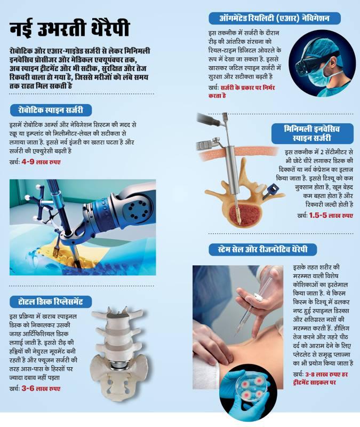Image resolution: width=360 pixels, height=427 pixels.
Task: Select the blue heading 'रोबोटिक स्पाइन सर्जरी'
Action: (51, 110)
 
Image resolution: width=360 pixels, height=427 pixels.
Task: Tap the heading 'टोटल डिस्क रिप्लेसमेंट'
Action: (51, 302)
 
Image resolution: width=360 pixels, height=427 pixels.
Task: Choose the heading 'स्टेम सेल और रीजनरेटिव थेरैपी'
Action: (262, 249)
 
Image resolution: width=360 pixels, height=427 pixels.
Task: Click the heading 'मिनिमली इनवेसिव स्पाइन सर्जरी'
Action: (312, 133)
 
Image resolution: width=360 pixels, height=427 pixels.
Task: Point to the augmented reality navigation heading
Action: (274, 18)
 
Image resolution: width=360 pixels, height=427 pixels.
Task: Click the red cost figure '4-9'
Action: (28, 162)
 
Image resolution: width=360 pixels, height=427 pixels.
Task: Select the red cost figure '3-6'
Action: (28, 389)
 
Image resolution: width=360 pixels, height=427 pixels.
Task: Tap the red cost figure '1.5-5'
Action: (318, 215)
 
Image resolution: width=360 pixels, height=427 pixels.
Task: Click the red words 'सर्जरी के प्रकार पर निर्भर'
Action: (247, 88)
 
